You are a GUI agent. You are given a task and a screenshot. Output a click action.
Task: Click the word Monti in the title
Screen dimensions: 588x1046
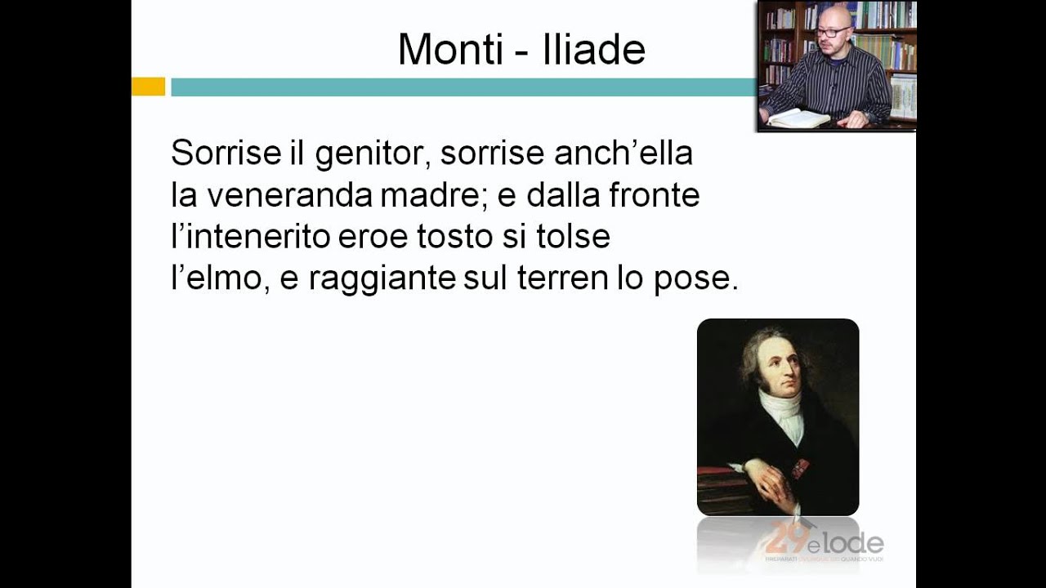pos(450,50)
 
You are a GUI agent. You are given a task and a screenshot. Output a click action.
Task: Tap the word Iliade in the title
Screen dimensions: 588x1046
pos(594,50)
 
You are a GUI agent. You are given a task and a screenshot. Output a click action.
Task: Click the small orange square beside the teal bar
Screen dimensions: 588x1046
pos(148,87)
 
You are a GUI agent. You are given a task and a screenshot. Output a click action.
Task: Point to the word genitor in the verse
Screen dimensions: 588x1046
pos(373,153)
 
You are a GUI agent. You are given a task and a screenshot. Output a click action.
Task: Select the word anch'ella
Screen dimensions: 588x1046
pos(624,153)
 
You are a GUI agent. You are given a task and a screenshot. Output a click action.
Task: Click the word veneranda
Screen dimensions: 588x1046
pos(292,195)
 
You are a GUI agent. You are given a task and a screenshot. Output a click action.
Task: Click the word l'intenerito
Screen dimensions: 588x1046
pos(251,237)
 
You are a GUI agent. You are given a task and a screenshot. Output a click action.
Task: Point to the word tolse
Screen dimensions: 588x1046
pos(578,237)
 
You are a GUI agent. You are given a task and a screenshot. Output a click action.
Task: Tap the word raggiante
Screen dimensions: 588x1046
pos(382,279)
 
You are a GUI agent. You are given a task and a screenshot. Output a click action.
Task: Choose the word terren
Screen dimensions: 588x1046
pos(562,278)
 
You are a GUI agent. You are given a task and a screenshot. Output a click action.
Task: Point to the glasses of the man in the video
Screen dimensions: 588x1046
pos(834,31)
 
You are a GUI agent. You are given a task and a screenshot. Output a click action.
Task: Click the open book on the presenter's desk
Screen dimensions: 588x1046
pos(797,118)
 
